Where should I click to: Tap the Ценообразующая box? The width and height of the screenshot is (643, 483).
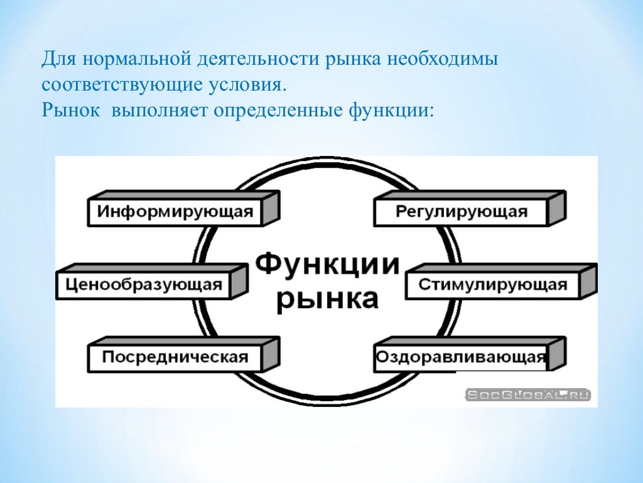143,285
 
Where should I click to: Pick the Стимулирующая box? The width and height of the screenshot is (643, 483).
492,285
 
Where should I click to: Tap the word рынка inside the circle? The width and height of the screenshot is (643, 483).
327,298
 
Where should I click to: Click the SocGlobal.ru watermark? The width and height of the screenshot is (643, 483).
527,395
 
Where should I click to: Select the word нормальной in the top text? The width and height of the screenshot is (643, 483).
132,61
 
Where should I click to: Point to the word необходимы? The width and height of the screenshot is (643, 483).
442,61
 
